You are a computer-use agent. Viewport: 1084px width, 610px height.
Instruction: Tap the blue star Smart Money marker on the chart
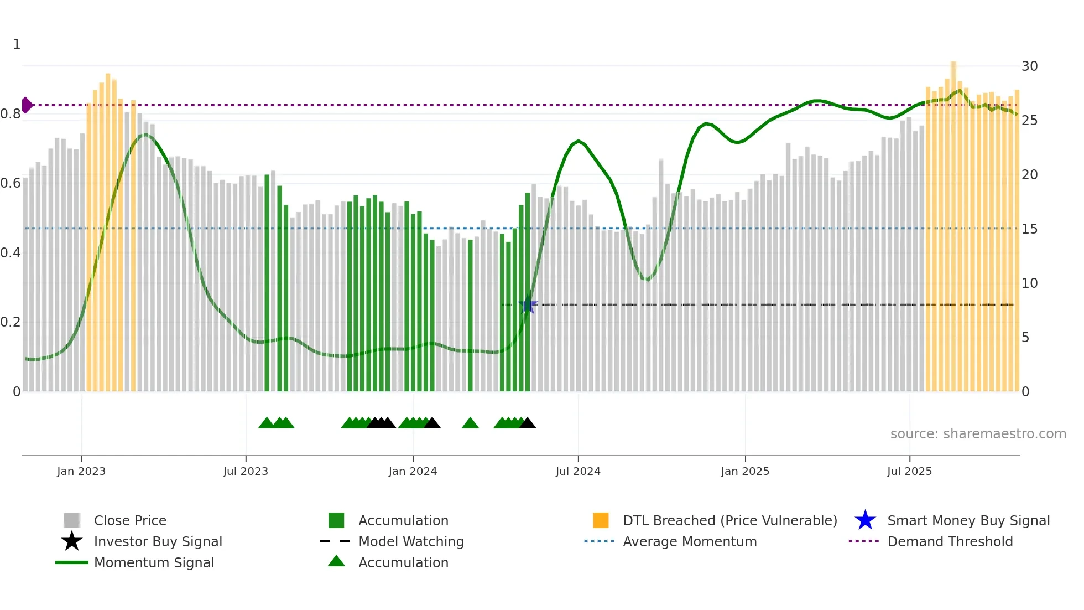pos(528,305)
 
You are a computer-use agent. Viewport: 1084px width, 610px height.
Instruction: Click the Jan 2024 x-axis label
pos(413,471)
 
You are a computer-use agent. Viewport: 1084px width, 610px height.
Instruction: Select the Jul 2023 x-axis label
pos(246,471)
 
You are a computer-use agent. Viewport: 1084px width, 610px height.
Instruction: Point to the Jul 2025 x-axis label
pos(909,471)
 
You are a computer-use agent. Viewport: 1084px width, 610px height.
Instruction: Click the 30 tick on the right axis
pos(1029,66)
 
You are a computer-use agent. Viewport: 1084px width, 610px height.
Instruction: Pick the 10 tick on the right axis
pos(1029,283)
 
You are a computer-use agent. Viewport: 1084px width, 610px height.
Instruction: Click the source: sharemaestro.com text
pos(978,434)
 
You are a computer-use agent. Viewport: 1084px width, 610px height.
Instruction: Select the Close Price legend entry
pos(130,520)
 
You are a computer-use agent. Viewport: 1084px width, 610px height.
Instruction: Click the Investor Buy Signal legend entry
pos(158,541)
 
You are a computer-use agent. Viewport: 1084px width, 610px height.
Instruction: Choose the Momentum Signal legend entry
pos(154,562)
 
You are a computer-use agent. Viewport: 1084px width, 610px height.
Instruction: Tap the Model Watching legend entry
pos(411,541)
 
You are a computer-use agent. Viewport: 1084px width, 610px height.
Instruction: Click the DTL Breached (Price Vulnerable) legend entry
pos(729,520)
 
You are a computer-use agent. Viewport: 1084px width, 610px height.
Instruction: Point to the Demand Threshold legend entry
pos(950,541)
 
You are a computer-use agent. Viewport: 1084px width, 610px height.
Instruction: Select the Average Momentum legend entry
pos(689,541)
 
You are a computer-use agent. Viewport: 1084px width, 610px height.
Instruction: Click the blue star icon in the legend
pos(865,520)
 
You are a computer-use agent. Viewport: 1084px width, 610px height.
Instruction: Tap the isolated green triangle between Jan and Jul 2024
pos(470,423)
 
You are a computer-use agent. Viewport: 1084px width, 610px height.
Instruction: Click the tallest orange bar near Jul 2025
pos(953,221)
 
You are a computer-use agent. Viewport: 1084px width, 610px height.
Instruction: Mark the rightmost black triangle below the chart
pos(528,423)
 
